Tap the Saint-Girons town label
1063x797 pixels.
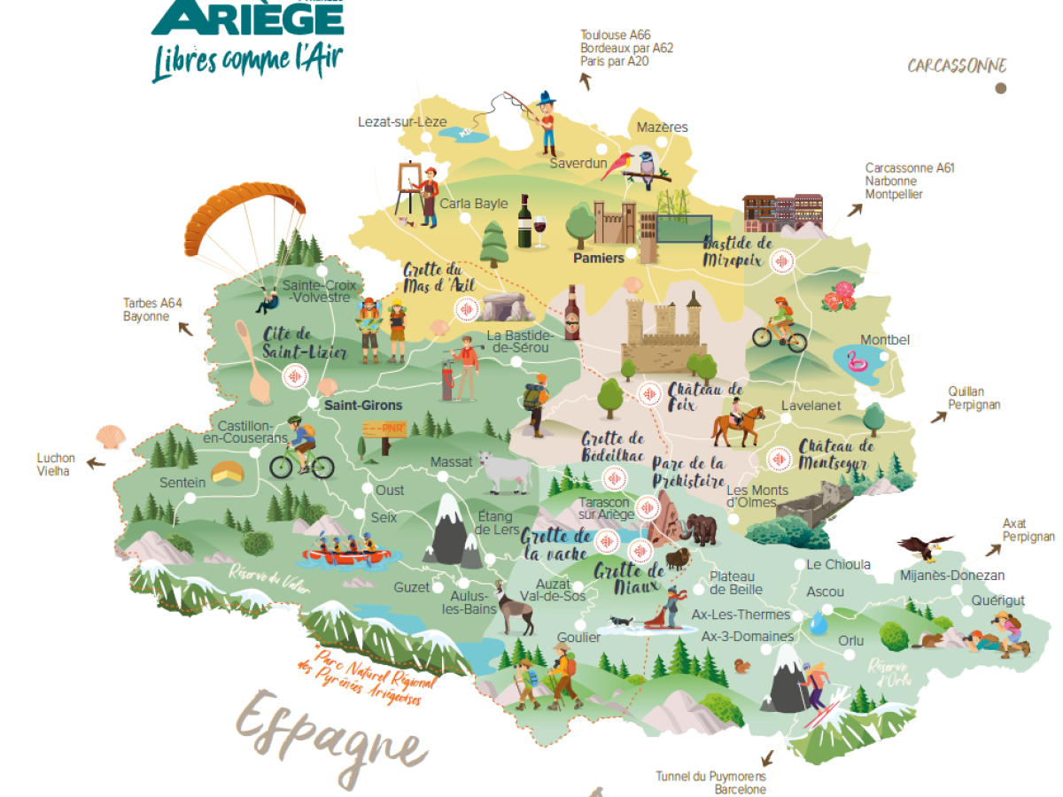(x=362, y=406)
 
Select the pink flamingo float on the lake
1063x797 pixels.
(x=856, y=362)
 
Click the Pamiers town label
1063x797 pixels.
(x=599, y=258)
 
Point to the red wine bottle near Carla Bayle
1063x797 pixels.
(x=524, y=221)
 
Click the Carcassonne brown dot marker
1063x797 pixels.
(x=1000, y=88)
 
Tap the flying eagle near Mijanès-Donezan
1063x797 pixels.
(x=926, y=547)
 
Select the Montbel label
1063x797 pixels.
(x=885, y=340)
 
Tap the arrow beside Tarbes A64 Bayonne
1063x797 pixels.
(x=185, y=329)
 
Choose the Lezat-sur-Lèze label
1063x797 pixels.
(x=402, y=121)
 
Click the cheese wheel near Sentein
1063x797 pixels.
(x=227, y=473)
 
